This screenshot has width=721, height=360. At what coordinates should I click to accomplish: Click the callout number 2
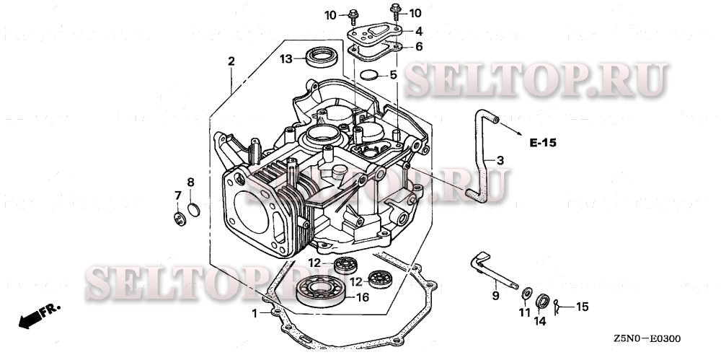tap(231, 62)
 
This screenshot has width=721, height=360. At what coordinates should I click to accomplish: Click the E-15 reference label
tap(542, 143)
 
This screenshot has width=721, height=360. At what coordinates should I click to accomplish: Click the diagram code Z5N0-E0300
tap(647, 338)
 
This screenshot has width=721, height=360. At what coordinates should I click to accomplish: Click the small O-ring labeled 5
tap(368, 76)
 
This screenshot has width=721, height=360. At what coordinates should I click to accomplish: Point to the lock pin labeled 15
tap(560, 307)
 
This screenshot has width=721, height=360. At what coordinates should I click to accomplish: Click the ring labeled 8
tap(192, 210)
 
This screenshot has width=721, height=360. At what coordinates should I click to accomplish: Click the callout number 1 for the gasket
tap(254, 313)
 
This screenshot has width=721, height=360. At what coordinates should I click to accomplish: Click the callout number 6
tap(418, 46)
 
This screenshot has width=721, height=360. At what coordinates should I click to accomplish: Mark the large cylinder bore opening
tap(258, 212)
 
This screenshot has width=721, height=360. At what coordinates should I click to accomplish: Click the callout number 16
tap(363, 297)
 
